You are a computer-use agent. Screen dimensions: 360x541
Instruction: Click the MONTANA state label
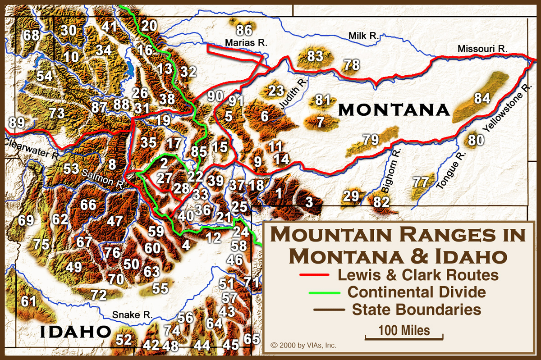click(x=394, y=109)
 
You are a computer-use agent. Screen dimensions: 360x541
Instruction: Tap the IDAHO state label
click(x=76, y=332)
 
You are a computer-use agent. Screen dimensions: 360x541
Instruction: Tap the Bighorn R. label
click(x=393, y=172)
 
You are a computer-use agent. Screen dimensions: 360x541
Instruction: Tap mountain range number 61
click(x=28, y=301)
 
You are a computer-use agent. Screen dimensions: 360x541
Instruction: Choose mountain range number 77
click(x=421, y=182)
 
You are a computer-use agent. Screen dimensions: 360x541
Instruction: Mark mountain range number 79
click(x=371, y=140)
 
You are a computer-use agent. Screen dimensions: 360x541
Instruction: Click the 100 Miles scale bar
click(x=404, y=336)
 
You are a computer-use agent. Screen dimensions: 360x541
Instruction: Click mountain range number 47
click(x=115, y=221)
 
